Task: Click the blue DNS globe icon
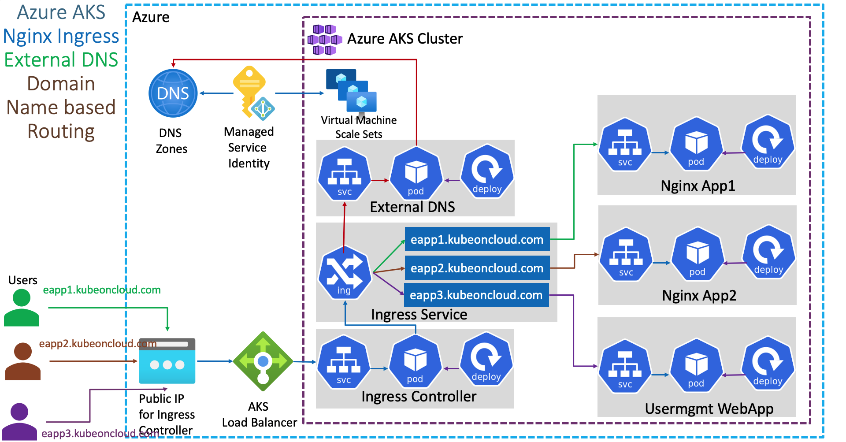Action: (173, 93)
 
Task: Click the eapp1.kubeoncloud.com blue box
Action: (477, 239)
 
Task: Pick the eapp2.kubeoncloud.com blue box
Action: (477, 268)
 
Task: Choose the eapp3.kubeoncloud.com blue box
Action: (476, 295)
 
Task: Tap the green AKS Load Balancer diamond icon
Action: (263, 361)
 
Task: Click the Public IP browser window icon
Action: (167, 361)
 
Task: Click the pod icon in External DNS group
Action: (416, 174)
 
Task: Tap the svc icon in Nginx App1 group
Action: (625, 145)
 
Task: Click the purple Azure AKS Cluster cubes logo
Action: (325, 40)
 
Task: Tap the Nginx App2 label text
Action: (699, 295)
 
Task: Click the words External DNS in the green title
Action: (61, 60)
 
